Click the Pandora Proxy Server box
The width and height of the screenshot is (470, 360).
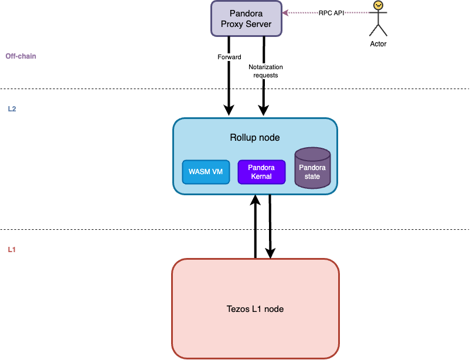coord(246,18)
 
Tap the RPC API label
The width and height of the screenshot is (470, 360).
coord(331,12)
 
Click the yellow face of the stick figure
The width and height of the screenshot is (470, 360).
coord(378,5)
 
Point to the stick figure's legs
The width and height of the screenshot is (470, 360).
coord(378,30)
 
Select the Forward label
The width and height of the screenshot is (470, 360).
coord(229,57)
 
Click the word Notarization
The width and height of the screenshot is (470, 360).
coord(265,67)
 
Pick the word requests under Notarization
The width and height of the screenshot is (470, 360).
coord(265,75)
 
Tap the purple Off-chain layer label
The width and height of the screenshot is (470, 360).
coord(21,56)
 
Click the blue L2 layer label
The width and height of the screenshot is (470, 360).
coord(12,109)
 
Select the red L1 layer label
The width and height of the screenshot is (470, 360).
coord(12,250)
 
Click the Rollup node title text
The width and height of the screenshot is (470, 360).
coord(254,138)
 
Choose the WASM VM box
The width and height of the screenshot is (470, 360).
coord(206,172)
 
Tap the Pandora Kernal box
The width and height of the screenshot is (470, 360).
coord(261,172)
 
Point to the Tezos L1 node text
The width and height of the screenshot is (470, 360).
coord(255,309)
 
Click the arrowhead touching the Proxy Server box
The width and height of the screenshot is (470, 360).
coord(285,12)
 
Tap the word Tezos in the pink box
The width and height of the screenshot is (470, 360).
coord(238,309)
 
